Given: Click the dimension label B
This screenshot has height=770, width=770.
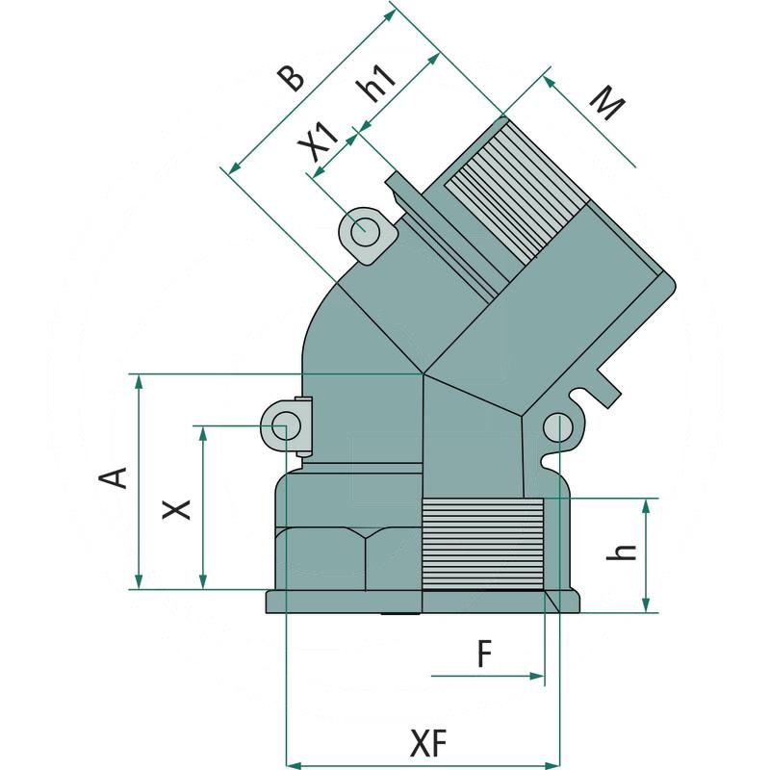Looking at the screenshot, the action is click(x=291, y=79).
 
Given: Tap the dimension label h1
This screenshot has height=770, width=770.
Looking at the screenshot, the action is click(x=377, y=85).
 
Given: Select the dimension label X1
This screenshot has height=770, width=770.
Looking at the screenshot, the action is click(x=319, y=141).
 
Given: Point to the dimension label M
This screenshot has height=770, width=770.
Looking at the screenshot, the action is click(x=607, y=103).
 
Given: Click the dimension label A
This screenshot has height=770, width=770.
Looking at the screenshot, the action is click(x=114, y=477).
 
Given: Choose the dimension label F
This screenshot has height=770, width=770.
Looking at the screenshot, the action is click(x=484, y=654).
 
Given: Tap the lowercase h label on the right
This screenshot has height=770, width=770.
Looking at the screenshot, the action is click(x=621, y=552).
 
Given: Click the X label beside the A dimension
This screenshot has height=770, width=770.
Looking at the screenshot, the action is click(x=176, y=509).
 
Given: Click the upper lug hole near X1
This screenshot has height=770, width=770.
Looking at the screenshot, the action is click(x=366, y=231).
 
